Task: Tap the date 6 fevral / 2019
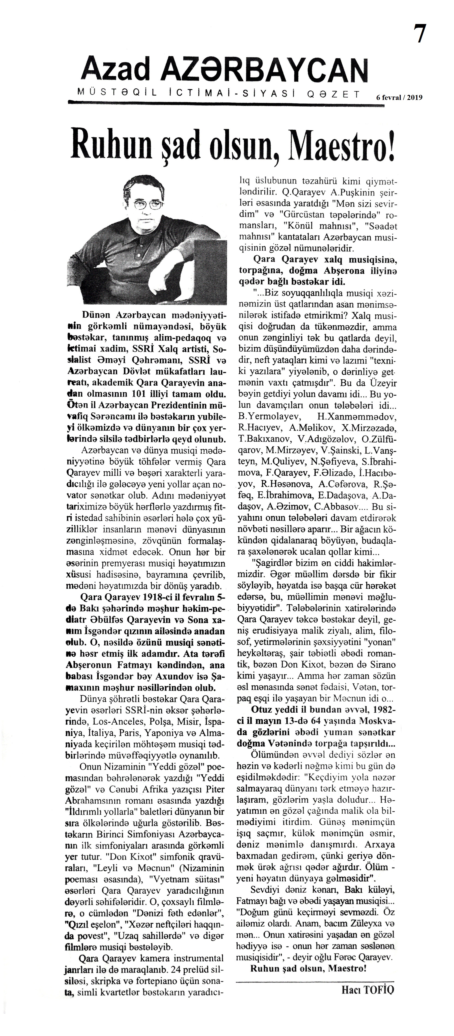(399, 97)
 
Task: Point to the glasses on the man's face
(148, 205)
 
